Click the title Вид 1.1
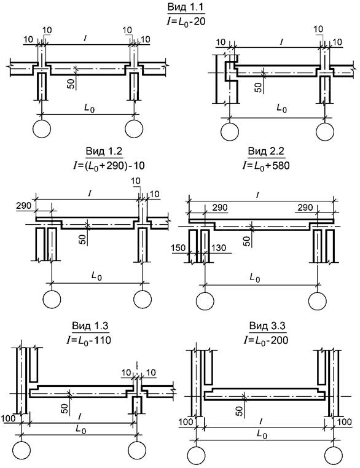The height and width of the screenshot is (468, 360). pyautogui.click(x=186, y=7)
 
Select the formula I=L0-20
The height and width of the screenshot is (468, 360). pyautogui.click(x=186, y=21)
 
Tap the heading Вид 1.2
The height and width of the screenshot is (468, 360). pyautogui.click(x=104, y=151)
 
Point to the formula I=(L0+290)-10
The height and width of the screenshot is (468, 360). pyautogui.click(x=109, y=165)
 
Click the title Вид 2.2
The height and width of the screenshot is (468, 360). pyautogui.click(x=266, y=151)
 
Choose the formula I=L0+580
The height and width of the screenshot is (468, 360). pyautogui.click(x=266, y=165)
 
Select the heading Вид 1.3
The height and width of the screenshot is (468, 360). pyautogui.click(x=90, y=326)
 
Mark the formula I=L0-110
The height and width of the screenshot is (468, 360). pyautogui.click(x=89, y=340)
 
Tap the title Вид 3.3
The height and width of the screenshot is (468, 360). pyautogui.click(x=267, y=326)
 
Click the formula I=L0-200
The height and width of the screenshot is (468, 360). pyautogui.click(x=266, y=340)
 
